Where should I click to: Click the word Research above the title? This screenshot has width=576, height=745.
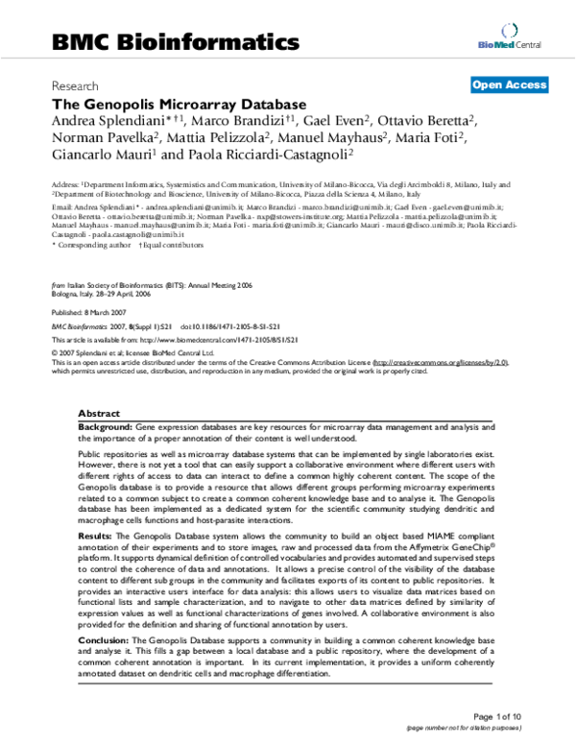(x=75, y=85)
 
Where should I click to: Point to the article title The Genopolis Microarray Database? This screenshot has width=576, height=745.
(x=179, y=103)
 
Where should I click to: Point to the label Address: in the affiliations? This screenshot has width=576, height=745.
(x=65, y=182)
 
